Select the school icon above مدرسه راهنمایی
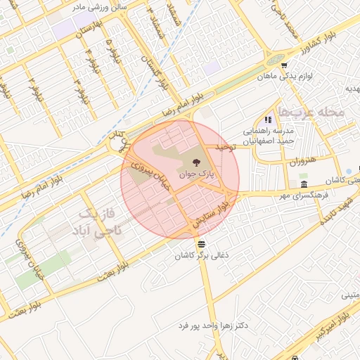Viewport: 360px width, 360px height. point(267,120)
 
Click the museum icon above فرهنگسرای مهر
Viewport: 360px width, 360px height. point(303,184)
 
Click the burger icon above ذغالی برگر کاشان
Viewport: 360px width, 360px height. point(202,243)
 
